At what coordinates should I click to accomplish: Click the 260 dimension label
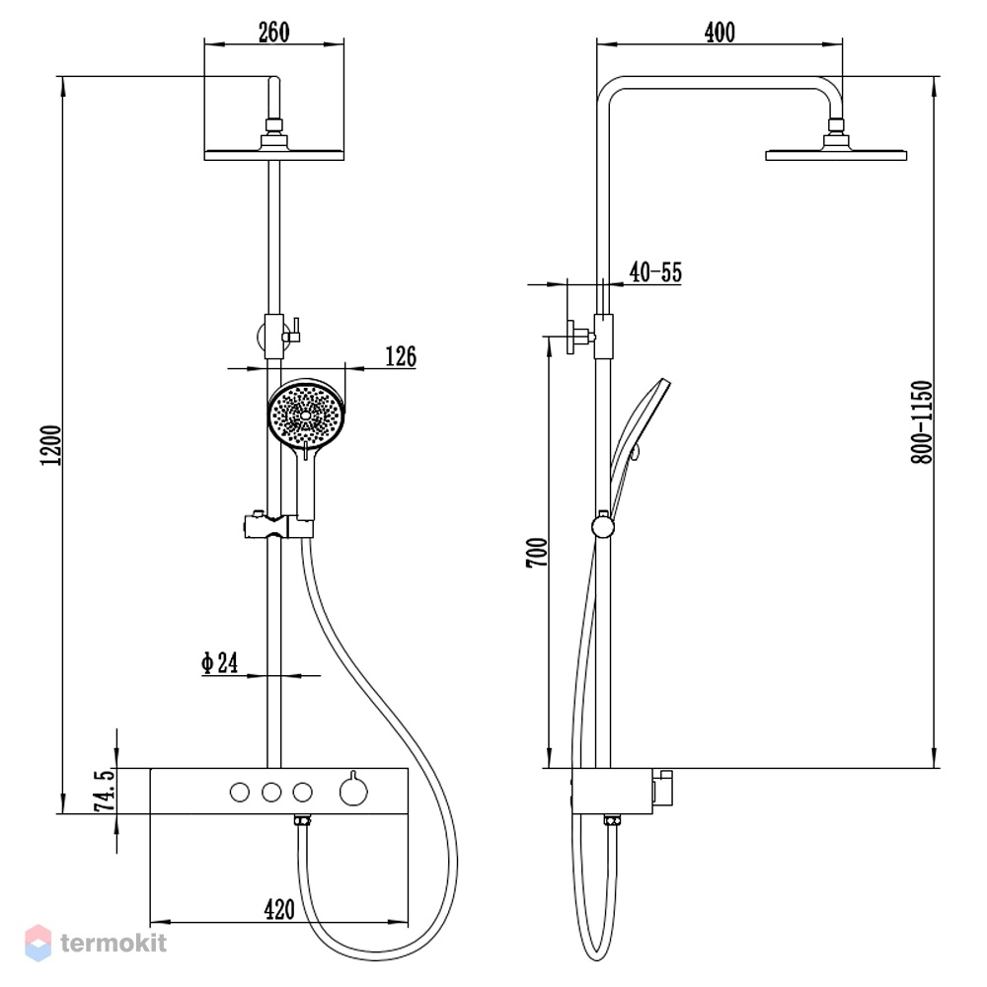(273, 33)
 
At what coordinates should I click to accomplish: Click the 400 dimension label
(720, 33)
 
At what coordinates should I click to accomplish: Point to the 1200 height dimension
(51, 445)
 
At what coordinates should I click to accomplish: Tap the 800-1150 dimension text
(921, 421)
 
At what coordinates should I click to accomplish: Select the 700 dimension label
(537, 553)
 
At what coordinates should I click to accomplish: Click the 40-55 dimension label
(655, 272)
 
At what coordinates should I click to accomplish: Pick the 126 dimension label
(401, 356)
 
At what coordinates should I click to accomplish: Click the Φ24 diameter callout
(220, 662)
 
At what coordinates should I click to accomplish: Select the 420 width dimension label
(279, 909)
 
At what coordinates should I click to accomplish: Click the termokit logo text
(114, 943)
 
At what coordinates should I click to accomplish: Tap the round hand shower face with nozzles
(307, 415)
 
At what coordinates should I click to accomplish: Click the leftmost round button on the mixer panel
(240, 792)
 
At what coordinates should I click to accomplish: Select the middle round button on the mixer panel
(271, 792)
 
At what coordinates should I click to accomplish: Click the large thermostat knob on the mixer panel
(353, 792)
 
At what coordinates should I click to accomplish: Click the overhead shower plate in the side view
(836, 155)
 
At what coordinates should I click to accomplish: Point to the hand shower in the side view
(639, 434)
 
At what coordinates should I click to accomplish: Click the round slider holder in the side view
(603, 526)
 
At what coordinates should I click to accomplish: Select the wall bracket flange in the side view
(570, 337)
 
